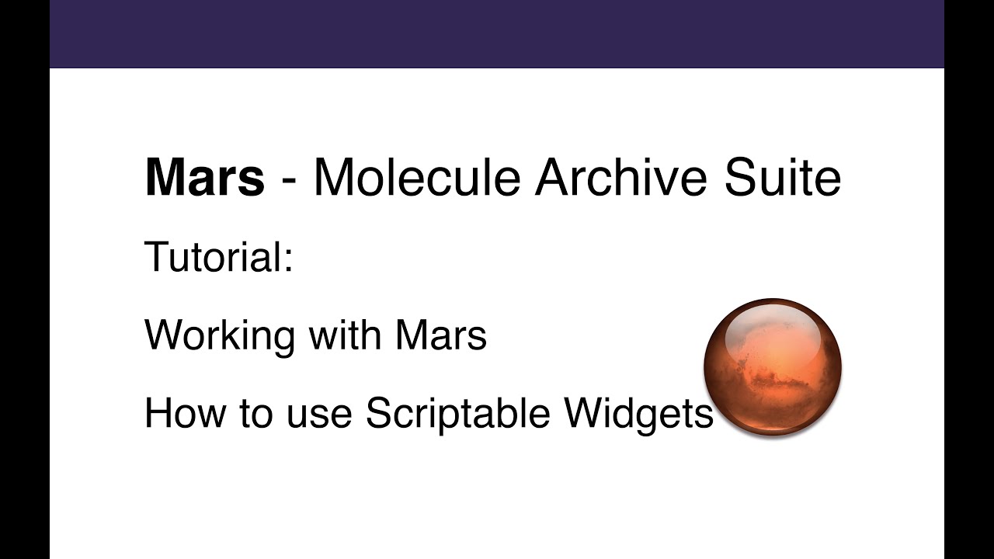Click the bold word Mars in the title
(204, 178)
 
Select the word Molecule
(416, 178)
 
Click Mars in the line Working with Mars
(440, 335)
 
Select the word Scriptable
(458, 414)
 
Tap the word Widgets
(638, 414)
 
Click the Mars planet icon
(773, 366)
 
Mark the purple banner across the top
(497, 33)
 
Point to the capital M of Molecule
(335, 178)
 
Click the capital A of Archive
(553, 178)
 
